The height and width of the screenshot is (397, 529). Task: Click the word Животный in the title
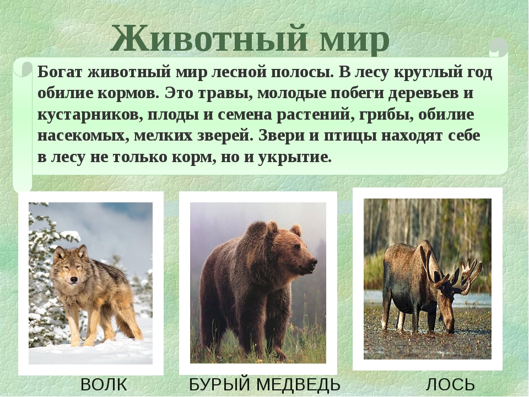(208, 38)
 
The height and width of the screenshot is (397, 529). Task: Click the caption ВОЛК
(104, 385)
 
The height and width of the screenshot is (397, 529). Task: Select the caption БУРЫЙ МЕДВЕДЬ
(264, 385)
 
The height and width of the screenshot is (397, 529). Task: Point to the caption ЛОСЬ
(450, 385)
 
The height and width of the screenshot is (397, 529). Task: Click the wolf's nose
(73, 280)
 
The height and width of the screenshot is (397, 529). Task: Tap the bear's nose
(314, 261)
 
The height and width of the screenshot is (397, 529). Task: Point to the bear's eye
(297, 248)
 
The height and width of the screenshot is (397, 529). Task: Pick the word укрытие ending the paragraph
(294, 158)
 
